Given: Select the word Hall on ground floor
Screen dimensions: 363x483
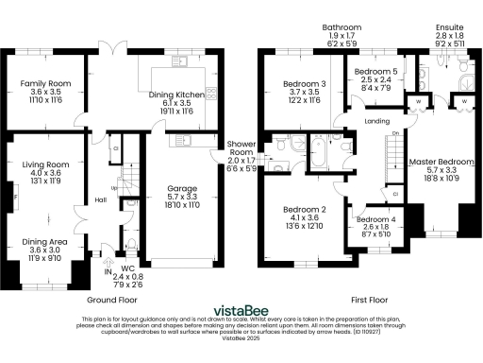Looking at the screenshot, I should [x=100, y=200].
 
